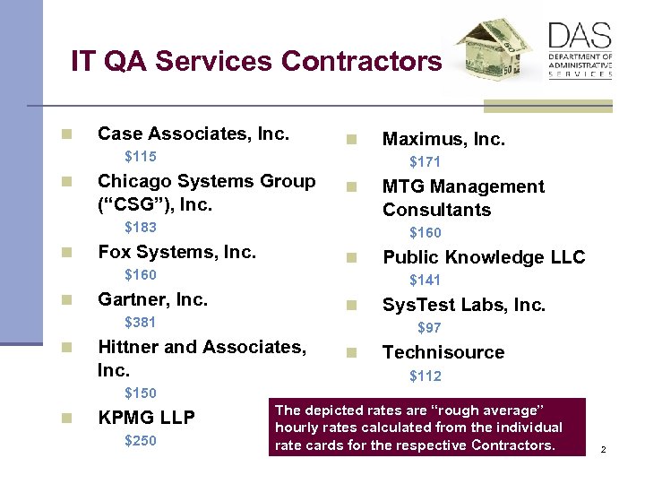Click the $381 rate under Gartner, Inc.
point(140,323)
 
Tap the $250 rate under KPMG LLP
point(140,440)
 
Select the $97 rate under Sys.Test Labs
point(429,328)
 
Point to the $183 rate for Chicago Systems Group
point(140,228)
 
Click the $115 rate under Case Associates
point(140,157)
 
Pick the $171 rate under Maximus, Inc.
point(425,162)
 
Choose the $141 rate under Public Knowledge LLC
point(425,281)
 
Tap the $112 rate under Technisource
point(425,376)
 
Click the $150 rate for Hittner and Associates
point(140,393)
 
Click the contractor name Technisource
point(443,352)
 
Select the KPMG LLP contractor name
point(146,418)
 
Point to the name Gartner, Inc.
point(152,299)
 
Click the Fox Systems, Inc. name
point(176,252)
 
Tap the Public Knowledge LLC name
point(484,257)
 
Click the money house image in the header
point(494,54)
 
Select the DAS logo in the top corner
point(580,50)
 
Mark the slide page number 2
point(604,449)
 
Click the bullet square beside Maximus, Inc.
point(352,140)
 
